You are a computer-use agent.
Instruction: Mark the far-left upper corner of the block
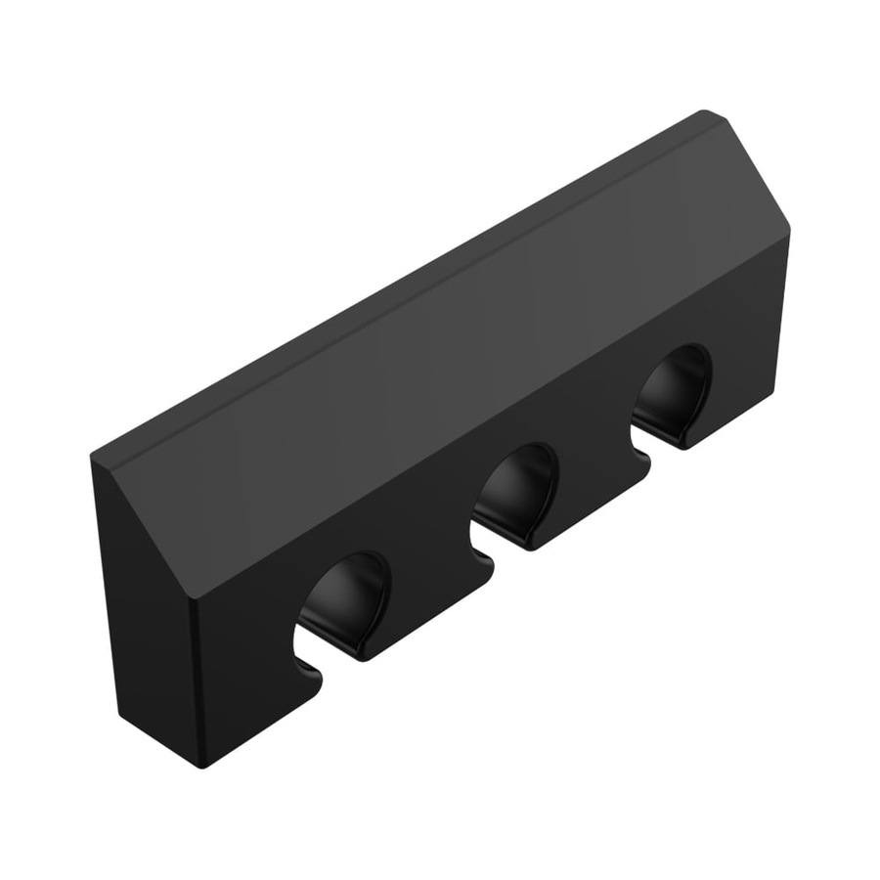93,457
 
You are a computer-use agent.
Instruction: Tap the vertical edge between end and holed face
195,684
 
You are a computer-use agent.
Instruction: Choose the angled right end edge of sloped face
758,176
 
